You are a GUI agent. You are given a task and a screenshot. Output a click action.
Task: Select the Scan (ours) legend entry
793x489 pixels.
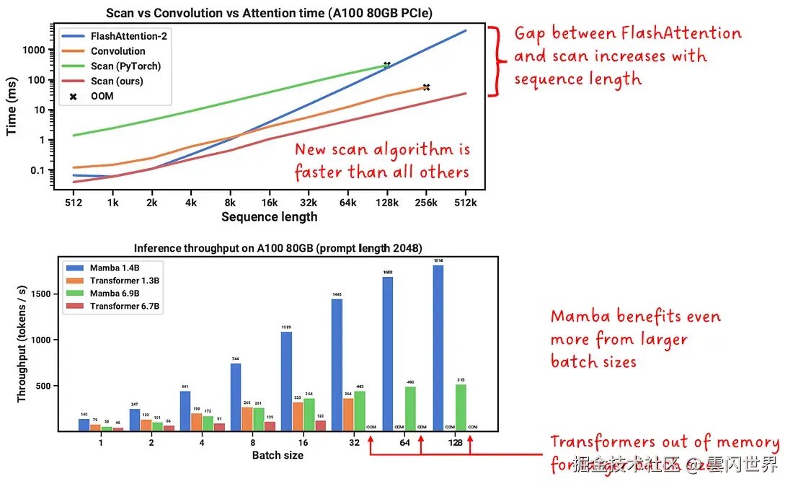coord(116,81)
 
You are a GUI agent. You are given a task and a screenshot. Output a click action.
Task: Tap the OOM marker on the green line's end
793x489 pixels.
coord(387,65)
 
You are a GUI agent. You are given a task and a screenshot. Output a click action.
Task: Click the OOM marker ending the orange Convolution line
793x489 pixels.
coord(426,87)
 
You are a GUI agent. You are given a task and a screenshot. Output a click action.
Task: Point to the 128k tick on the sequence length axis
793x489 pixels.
coord(387,203)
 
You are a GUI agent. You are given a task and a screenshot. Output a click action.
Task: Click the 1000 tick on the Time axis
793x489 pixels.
coord(35,50)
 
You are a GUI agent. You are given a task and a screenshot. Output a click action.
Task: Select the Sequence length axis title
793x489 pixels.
coord(269,216)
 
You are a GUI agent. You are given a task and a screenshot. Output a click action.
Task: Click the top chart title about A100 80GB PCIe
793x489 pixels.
coord(269,13)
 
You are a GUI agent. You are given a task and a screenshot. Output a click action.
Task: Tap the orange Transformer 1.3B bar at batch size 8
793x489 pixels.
coord(247,418)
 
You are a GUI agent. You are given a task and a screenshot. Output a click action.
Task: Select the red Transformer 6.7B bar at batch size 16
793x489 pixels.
coord(321,426)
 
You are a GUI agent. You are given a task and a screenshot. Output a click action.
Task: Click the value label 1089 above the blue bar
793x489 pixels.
coord(286,327)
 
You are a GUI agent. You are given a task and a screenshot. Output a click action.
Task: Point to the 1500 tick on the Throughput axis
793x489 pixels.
coord(44,294)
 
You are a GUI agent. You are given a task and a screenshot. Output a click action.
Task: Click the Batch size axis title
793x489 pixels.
coord(278,456)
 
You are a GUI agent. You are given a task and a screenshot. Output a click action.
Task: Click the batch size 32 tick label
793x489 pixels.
coord(354,443)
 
